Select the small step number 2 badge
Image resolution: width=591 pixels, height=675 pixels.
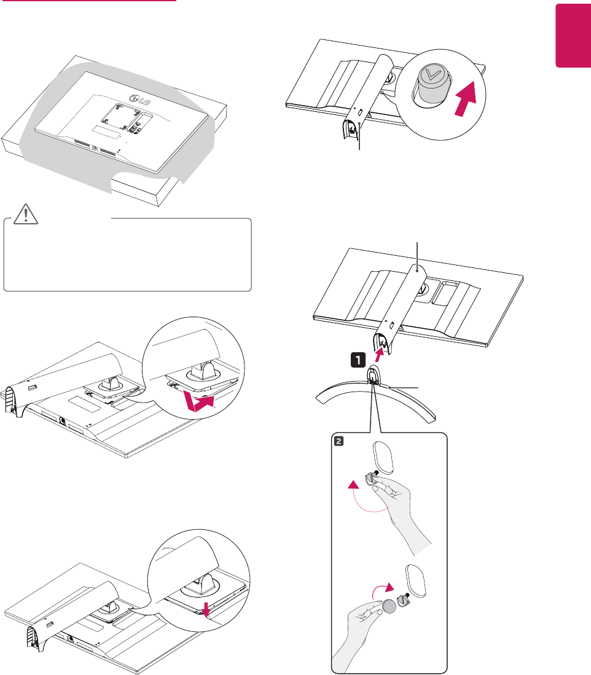[338, 440]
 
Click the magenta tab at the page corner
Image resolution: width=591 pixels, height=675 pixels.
[573, 43]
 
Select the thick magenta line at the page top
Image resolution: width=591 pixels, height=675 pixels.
[88, 1]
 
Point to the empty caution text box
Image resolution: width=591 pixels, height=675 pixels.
[128, 255]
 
